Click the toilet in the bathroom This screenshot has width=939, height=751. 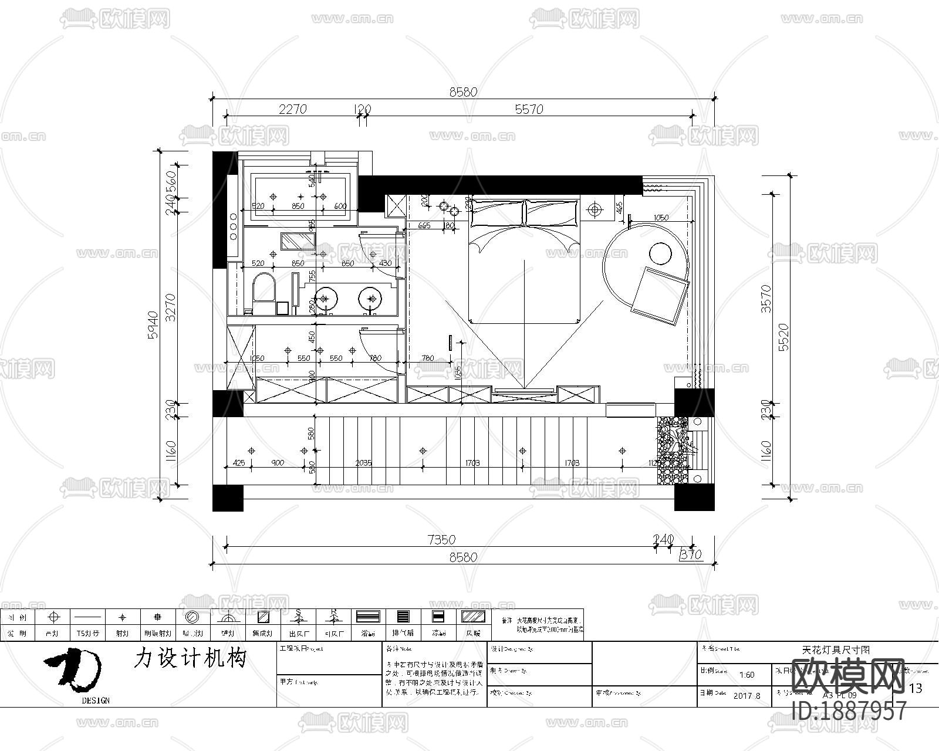[263, 291]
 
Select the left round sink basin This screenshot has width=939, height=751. [326, 298]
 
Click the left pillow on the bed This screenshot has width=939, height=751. [497, 212]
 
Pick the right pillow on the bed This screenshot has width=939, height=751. [552, 212]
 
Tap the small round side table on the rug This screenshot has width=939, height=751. [660, 254]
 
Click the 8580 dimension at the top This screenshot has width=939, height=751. [463, 92]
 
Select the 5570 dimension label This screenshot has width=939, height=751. [529, 109]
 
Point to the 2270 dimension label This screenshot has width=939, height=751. [292, 109]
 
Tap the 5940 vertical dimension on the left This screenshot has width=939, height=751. [153, 324]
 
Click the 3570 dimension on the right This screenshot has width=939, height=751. [766, 298]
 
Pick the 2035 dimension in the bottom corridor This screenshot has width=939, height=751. [363, 463]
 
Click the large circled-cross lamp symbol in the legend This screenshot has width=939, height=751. [54, 617]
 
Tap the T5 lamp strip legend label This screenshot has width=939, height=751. [87, 634]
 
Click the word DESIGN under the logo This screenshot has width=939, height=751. [96, 701]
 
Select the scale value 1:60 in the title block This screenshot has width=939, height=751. [747, 675]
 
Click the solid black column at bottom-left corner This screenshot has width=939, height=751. [228, 498]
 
